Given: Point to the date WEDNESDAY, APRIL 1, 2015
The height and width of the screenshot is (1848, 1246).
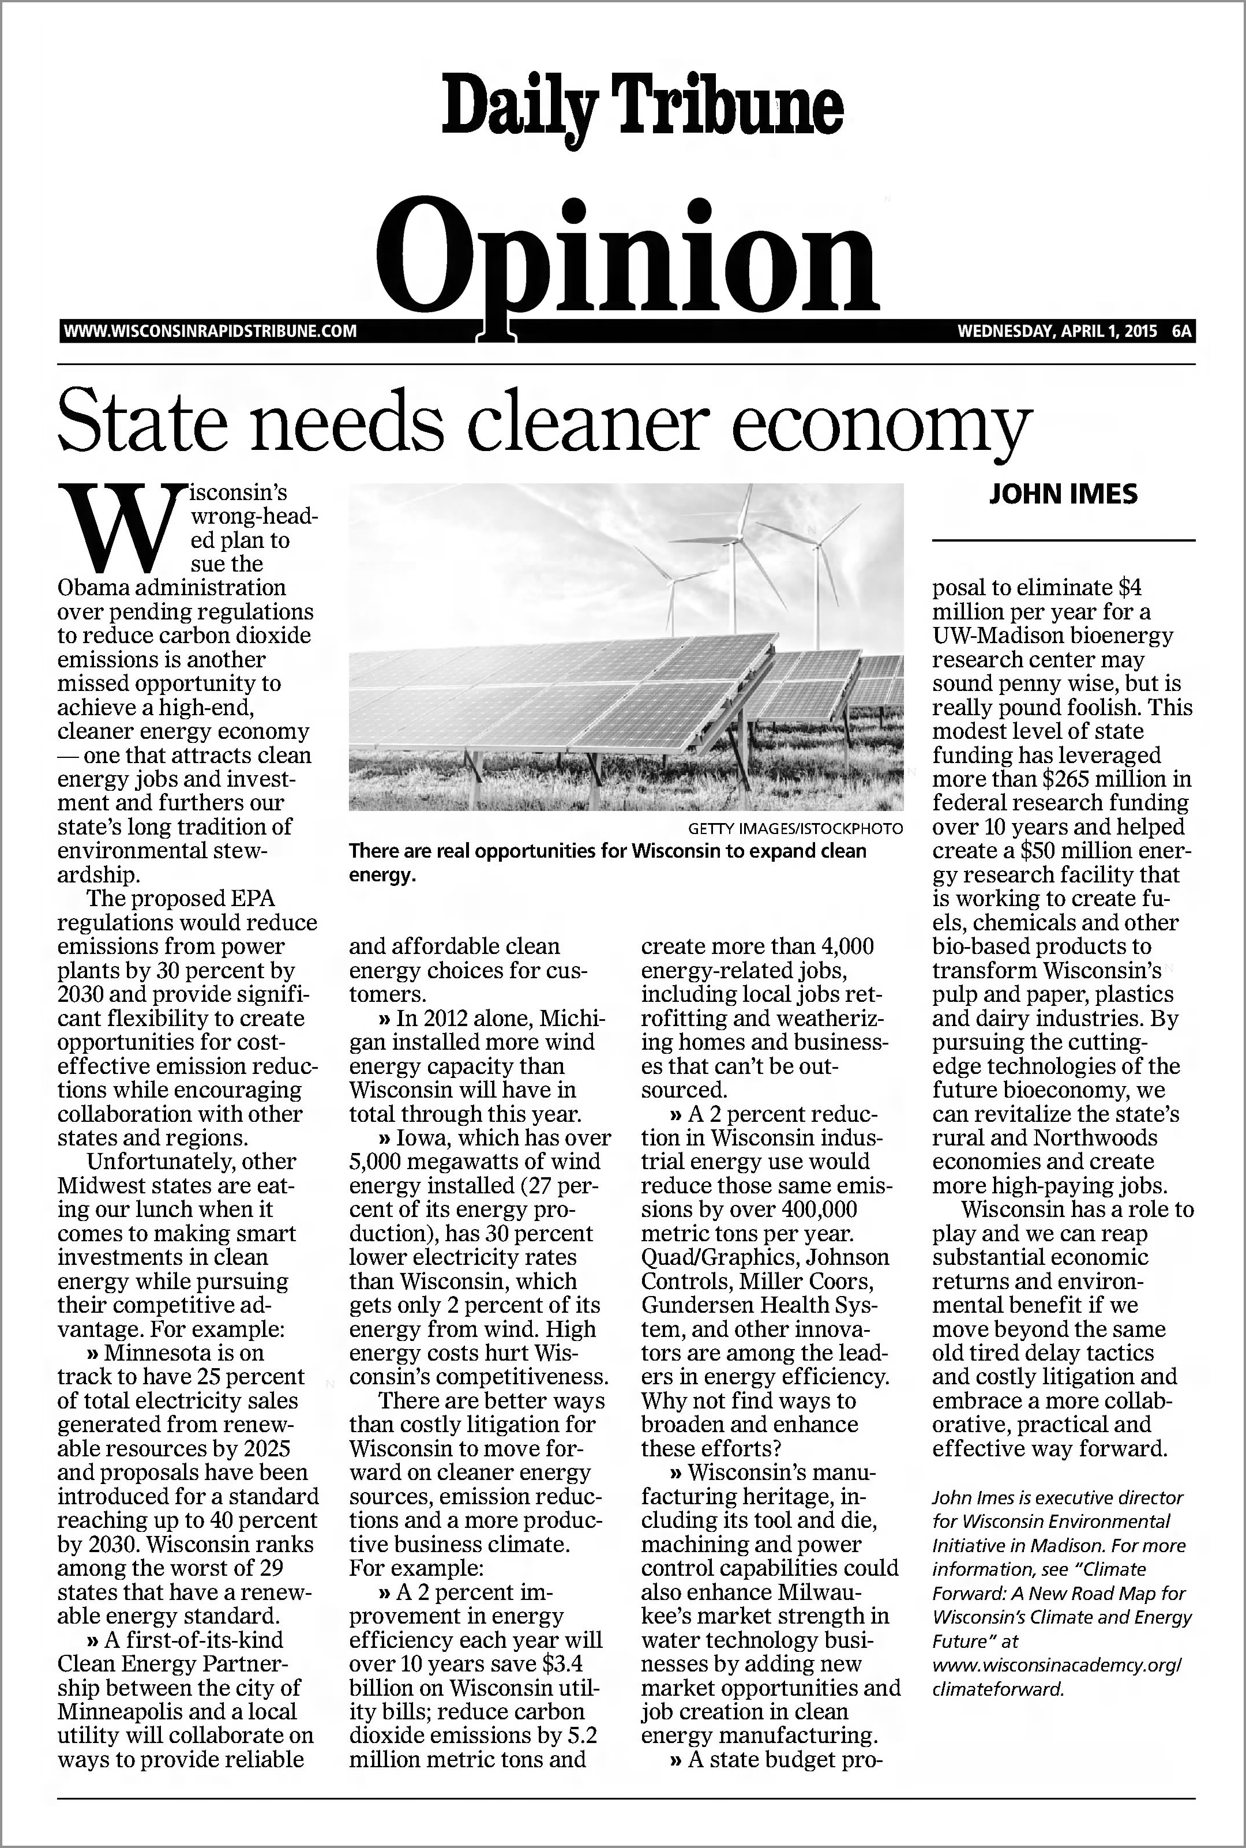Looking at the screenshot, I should point(1057,330).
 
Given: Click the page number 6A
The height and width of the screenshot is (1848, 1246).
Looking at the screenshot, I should point(1181,330).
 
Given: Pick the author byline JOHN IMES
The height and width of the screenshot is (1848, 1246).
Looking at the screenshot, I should point(1063,494).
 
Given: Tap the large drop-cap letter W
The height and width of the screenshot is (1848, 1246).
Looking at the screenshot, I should point(120,526).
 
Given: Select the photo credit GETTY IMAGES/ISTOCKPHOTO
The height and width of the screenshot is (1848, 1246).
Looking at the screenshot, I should point(795,829).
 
